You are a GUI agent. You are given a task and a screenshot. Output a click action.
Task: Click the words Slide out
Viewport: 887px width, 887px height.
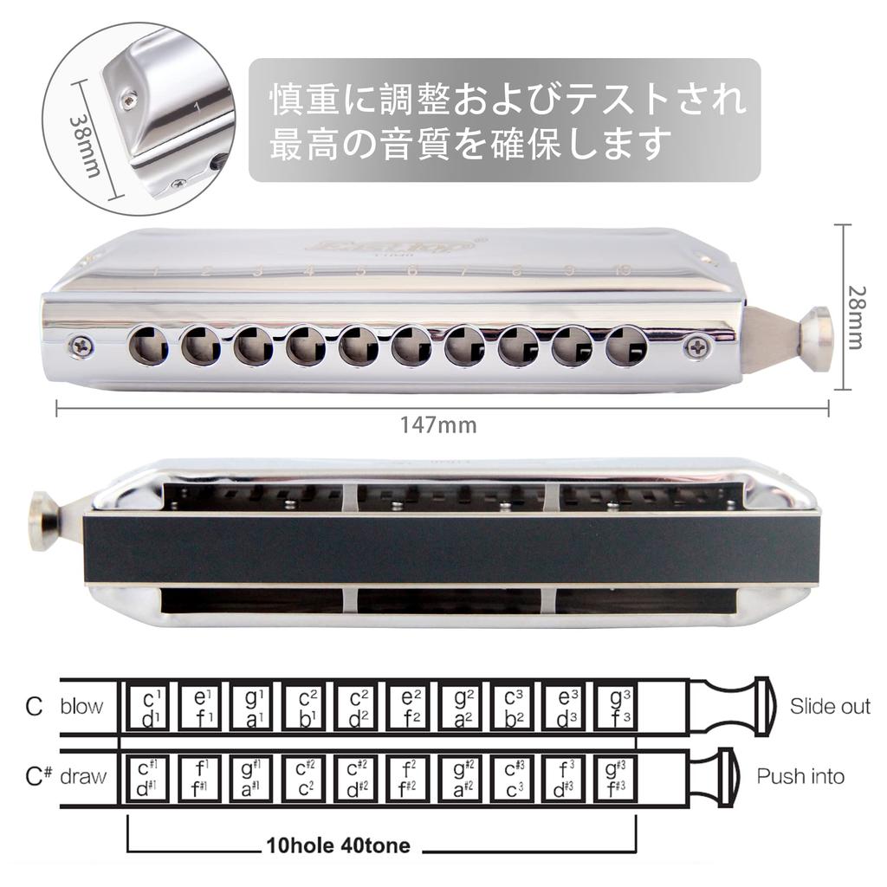click(x=829, y=706)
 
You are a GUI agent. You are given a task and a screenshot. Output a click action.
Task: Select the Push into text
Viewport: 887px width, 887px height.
click(x=800, y=776)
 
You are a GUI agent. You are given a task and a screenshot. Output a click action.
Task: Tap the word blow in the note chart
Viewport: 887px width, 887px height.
click(x=81, y=706)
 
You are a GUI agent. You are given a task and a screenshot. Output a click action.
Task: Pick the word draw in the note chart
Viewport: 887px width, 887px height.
click(x=83, y=776)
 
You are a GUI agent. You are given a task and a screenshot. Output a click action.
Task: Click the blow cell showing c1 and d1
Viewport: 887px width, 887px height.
click(x=149, y=707)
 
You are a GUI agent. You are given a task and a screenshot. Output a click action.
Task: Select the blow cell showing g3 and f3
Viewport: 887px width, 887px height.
click(x=617, y=707)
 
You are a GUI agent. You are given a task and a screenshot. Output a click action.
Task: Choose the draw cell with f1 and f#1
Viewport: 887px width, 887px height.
click(x=201, y=777)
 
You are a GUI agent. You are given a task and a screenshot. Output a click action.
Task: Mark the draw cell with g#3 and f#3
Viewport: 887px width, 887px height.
click(x=617, y=777)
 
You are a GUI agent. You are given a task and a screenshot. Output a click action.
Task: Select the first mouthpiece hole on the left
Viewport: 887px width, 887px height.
click(x=148, y=346)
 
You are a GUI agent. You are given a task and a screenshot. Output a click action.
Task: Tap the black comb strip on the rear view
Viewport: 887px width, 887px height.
click(x=450, y=550)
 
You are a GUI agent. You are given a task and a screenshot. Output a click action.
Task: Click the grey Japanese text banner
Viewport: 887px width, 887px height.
click(x=505, y=120)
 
